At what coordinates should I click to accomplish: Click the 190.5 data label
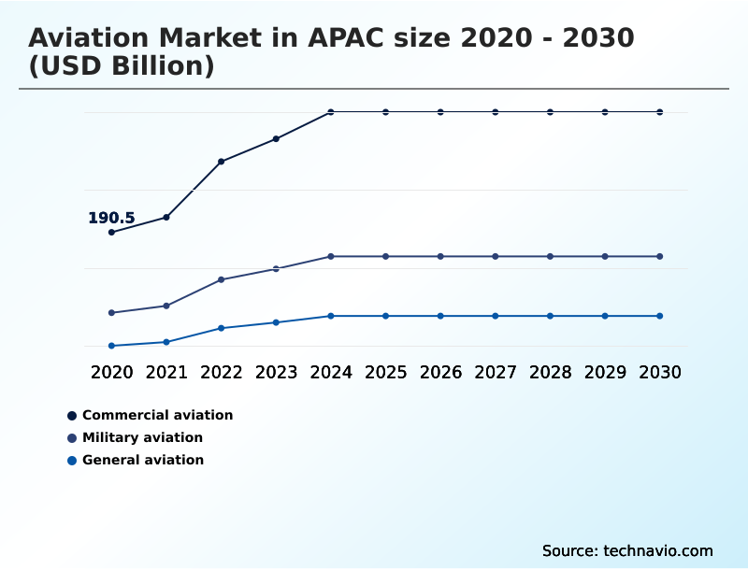click(x=111, y=218)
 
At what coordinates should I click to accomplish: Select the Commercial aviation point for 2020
click(x=112, y=232)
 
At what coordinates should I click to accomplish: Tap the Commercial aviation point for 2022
click(x=222, y=162)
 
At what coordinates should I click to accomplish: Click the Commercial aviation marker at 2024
click(x=331, y=112)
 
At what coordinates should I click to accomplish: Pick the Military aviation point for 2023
click(x=276, y=268)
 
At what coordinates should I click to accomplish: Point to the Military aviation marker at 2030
click(x=660, y=256)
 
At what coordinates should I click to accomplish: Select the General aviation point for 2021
click(x=166, y=342)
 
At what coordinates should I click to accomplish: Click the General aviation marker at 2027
click(x=496, y=316)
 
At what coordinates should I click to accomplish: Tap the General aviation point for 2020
click(x=112, y=346)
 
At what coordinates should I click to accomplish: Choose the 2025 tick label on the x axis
click(x=385, y=372)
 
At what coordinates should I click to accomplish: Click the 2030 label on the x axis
click(x=660, y=372)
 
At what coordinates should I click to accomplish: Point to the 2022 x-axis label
click(x=222, y=372)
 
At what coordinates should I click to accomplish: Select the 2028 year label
click(x=550, y=372)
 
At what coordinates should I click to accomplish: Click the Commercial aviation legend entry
click(x=157, y=415)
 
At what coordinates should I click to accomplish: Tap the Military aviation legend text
click(x=142, y=437)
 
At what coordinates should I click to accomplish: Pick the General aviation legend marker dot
click(x=72, y=460)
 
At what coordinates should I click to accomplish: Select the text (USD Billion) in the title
click(x=122, y=67)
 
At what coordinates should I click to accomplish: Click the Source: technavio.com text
click(x=627, y=550)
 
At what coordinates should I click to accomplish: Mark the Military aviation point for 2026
click(x=440, y=256)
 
